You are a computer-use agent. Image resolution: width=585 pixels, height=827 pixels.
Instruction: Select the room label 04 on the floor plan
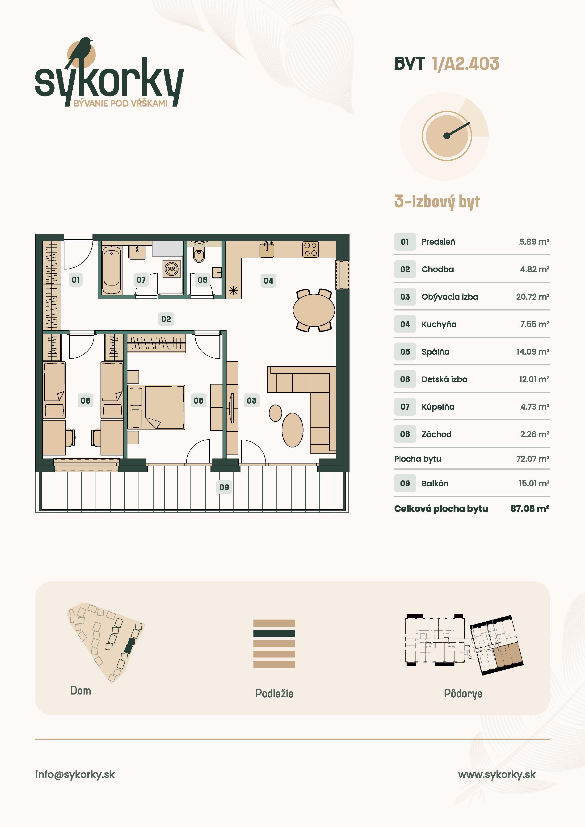tap(268, 281)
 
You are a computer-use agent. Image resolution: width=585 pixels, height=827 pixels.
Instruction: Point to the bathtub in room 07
tap(111, 270)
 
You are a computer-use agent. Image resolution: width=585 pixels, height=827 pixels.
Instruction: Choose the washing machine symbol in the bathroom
tap(172, 269)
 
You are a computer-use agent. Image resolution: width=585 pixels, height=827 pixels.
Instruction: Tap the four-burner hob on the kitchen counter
tap(310, 249)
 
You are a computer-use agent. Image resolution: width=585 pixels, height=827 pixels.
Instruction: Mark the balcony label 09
tap(224, 487)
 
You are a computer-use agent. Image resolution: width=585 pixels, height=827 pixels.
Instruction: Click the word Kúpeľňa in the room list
tap(438, 407)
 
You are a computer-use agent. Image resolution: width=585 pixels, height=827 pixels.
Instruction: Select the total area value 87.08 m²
tap(530, 509)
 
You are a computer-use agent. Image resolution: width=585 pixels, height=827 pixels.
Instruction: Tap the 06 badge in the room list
tap(405, 379)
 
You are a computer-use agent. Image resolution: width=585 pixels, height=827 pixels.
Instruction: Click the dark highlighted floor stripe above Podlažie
tap(274, 633)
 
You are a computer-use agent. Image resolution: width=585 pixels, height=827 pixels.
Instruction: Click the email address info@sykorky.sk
tap(75, 774)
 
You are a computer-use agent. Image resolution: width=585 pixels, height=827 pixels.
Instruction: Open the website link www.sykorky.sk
tap(497, 774)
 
